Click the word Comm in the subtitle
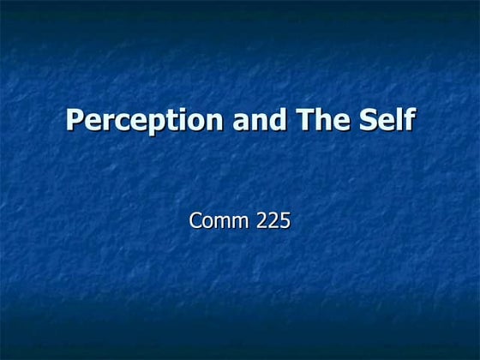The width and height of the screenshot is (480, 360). click(218, 221)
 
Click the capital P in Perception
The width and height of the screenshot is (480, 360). click(75, 120)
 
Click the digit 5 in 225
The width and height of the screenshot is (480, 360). click(285, 221)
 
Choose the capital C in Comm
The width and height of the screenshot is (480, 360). click(195, 221)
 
